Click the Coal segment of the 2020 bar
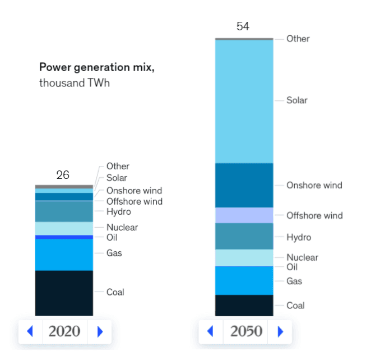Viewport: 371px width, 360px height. (64, 293)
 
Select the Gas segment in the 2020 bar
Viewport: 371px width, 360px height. (64, 255)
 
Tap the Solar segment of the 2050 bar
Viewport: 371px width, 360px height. (244, 101)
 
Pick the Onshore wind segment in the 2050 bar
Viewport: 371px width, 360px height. (244, 186)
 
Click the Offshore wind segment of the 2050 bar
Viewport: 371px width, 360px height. (244, 215)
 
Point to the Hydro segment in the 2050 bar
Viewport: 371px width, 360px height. (244, 236)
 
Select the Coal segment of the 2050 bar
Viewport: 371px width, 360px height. (244, 305)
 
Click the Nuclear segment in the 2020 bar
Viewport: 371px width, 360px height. (64, 228)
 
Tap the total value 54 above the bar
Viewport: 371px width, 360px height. (243, 26)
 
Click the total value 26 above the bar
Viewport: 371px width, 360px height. (63, 175)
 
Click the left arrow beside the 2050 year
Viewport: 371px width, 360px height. (211, 331)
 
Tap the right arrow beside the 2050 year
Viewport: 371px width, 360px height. (280, 331)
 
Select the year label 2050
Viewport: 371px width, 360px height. (245, 331)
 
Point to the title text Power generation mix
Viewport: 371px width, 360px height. (96, 67)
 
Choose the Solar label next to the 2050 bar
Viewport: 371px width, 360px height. (297, 100)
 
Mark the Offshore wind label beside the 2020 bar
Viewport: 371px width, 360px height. (135, 201)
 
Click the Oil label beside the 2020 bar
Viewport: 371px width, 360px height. (112, 237)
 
